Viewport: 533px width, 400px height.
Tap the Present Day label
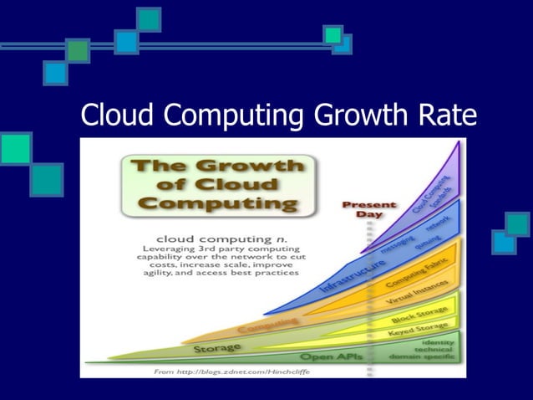click(368, 209)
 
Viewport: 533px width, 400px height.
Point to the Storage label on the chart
click(217, 346)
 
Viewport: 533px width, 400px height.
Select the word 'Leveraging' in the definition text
click(170, 249)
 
